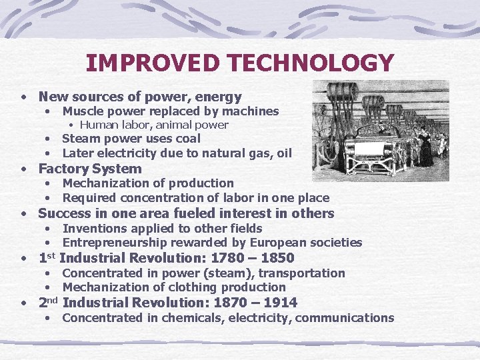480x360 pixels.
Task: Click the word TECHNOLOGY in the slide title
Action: [x=311, y=63]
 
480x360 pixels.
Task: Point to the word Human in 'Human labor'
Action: [x=99, y=125]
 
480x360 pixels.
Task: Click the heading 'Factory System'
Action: [x=90, y=169]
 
